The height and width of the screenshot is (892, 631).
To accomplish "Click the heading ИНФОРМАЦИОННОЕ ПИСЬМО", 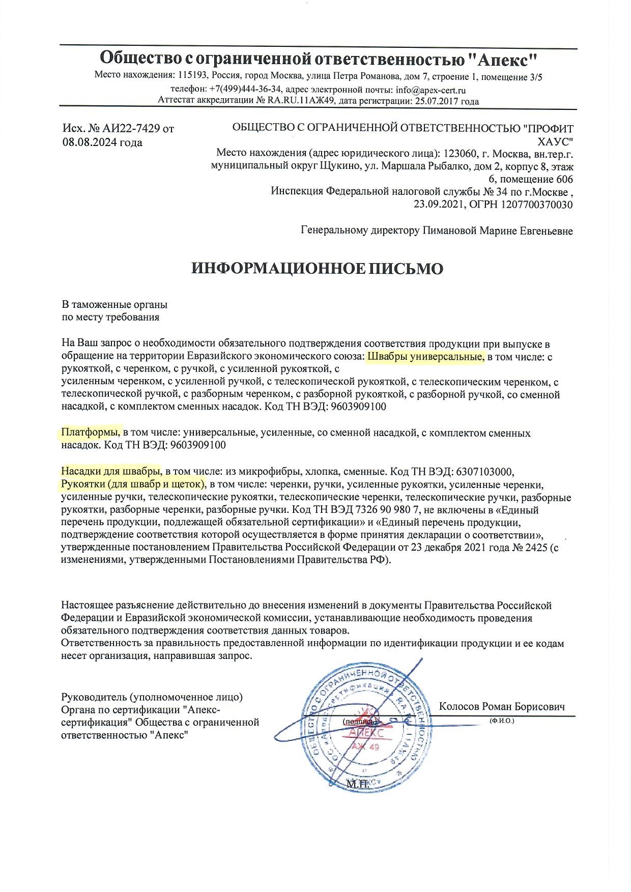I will click(x=317, y=269).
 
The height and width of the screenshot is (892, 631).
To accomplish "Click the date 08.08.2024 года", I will click(x=102, y=142).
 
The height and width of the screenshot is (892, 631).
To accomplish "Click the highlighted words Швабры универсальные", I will click(x=425, y=357).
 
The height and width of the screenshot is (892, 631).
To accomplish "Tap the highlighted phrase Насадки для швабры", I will click(x=111, y=471).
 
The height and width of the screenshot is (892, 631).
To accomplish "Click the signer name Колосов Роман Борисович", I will click(x=502, y=707).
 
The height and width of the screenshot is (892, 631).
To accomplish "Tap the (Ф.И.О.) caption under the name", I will click(x=502, y=721).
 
